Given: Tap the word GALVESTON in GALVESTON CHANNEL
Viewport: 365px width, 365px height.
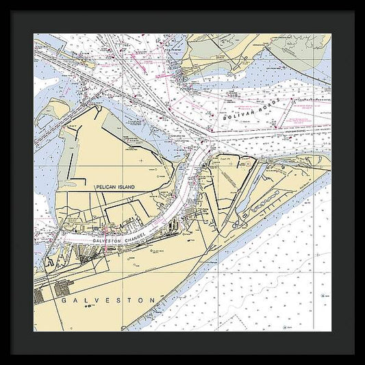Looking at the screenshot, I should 104,241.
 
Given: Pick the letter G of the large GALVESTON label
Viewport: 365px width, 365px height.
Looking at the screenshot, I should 62,300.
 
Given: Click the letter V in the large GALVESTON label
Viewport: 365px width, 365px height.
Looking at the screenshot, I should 97,300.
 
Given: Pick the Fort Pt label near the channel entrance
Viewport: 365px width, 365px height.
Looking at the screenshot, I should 223,155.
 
